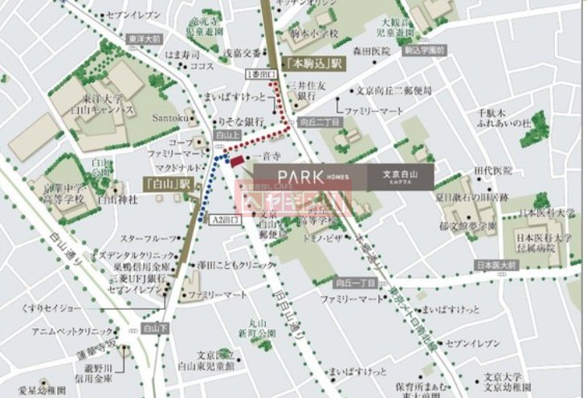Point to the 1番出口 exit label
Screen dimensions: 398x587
pyautogui.click(x=257, y=74)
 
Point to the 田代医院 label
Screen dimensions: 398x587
pyautogui.click(x=492, y=170)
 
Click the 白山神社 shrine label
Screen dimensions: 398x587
pyautogui.click(x=114, y=199)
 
